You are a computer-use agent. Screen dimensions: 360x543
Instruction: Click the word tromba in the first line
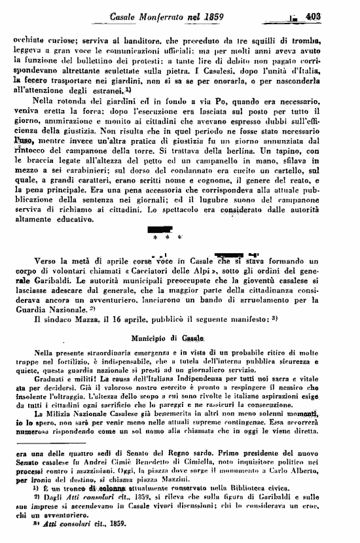325,39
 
